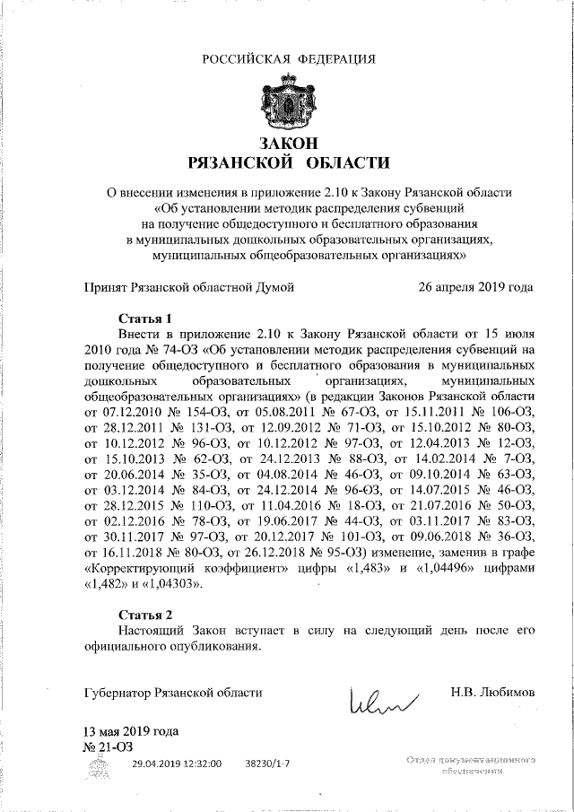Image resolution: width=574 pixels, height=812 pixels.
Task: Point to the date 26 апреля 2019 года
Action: pos(475,288)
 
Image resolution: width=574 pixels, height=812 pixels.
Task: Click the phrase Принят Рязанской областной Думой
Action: pos(188,288)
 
